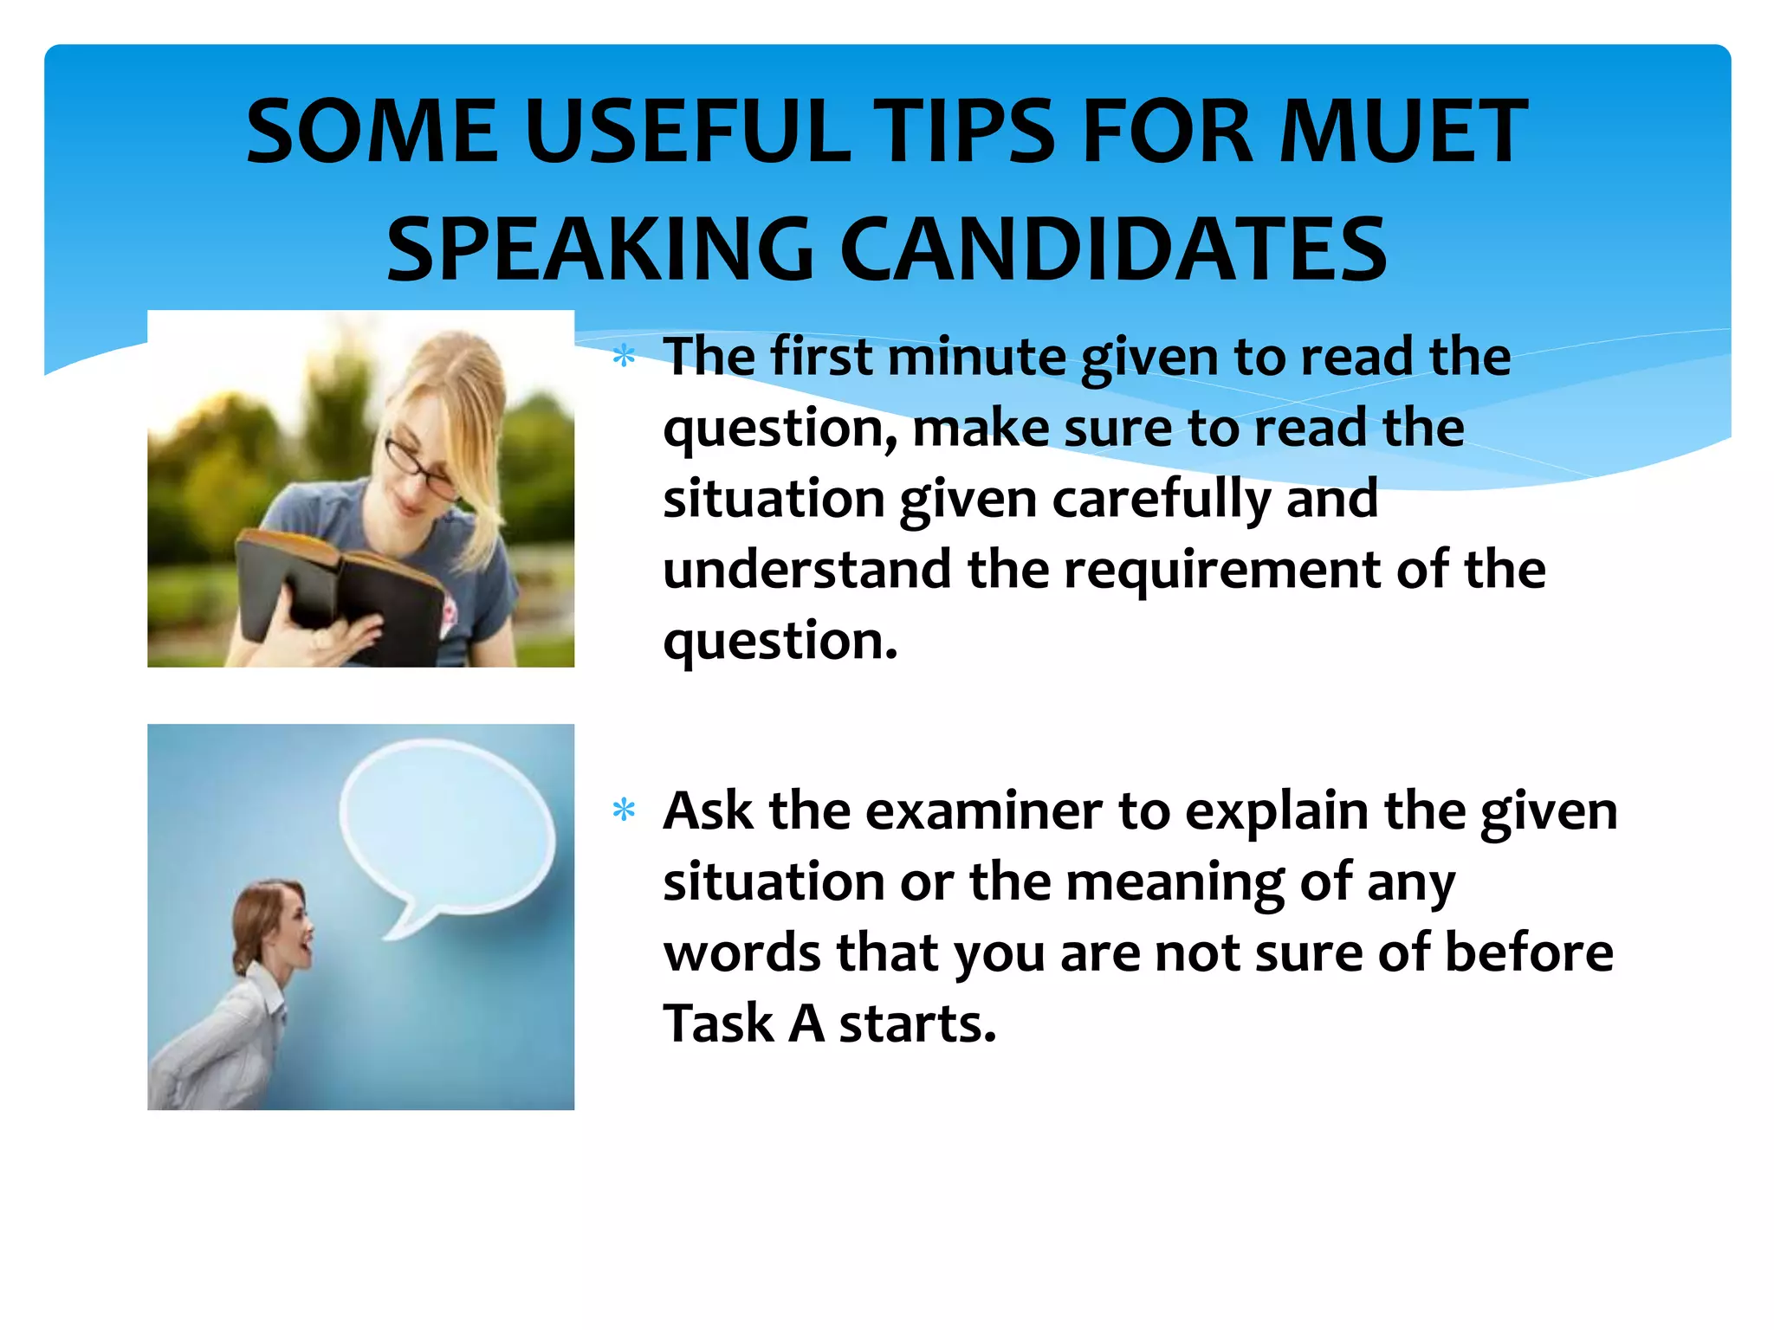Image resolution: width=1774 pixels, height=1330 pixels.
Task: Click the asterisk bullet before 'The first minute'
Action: [624, 357]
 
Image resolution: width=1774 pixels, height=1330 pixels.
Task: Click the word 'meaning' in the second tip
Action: [1175, 883]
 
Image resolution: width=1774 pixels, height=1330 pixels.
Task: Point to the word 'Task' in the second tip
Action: [719, 1024]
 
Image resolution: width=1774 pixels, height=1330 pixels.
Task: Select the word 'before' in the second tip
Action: [1529, 953]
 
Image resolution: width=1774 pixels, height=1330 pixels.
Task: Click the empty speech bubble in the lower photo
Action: [447, 823]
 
